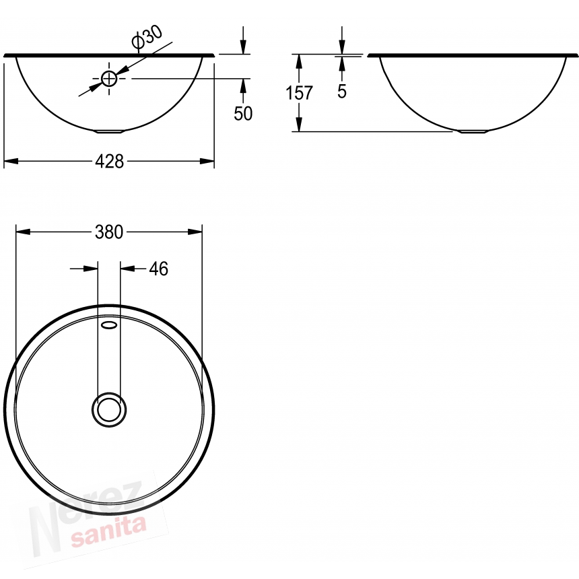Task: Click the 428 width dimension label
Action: pyautogui.click(x=109, y=162)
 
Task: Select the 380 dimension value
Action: pyautogui.click(x=109, y=232)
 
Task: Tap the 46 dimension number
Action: pyautogui.click(x=159, y=269)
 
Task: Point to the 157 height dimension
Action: pyautogui.click(x=299, y=93)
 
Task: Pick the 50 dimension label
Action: pyautogui.click(x=243, y=114)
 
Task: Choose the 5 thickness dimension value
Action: pyautogui.click(x=342, y=92)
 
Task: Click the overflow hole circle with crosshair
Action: pyautogui.click(x=109, y=79)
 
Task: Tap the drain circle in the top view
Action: pyautogui.click(x=109, y=409)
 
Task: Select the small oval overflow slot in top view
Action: pyautogui.click(x=109, y=325)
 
